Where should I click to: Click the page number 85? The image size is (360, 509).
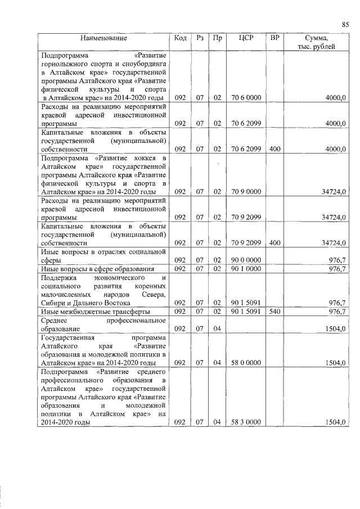coord(345,24)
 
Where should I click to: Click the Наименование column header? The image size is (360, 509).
coord(103,38)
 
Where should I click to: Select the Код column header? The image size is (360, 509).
coord(181,38)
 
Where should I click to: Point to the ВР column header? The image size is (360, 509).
coord(275,38)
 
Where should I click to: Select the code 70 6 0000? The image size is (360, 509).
coord(246,98)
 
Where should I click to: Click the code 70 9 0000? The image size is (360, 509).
coord(246,192)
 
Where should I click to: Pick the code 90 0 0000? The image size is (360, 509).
coord(246,260)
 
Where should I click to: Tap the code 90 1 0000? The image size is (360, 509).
coord(246,269)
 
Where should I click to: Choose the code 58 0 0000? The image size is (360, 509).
coord(246,363)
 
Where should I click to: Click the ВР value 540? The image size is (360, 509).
coord(274,311)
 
